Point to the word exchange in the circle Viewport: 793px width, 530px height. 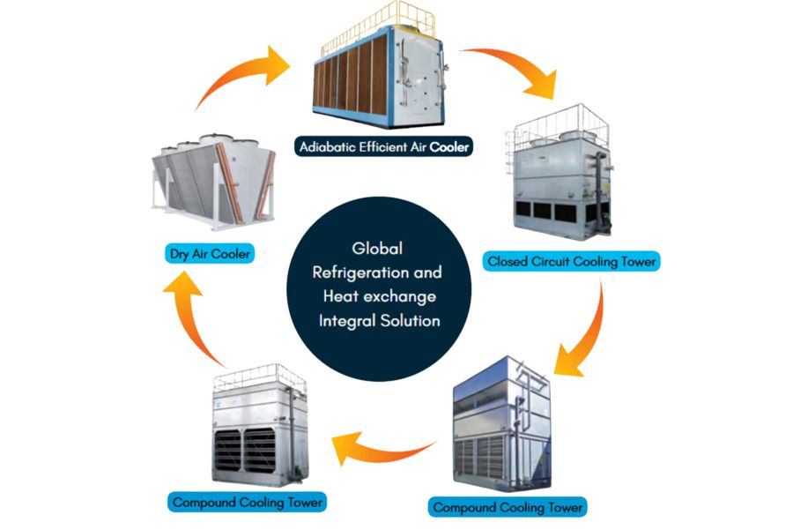pos(402,296)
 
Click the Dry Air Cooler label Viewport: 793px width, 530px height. pos(210,255)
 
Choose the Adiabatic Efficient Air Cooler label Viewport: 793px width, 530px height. pos(383,148)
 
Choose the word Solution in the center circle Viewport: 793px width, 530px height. pos(409,320)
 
